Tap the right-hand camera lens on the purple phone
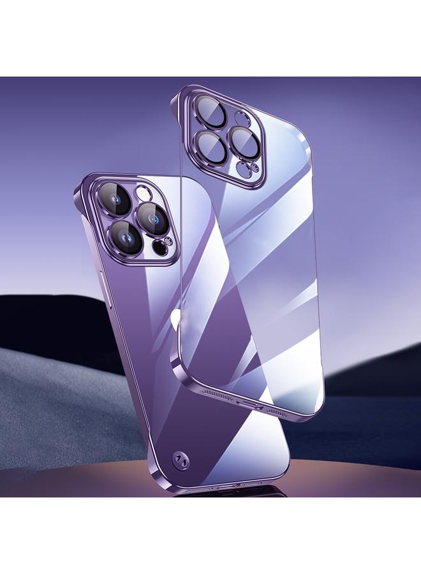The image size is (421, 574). (153, 216)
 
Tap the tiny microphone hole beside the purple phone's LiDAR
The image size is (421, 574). (168, 241)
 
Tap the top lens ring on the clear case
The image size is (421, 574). (207, 107)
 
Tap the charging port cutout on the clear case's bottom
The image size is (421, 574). (244, 404)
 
